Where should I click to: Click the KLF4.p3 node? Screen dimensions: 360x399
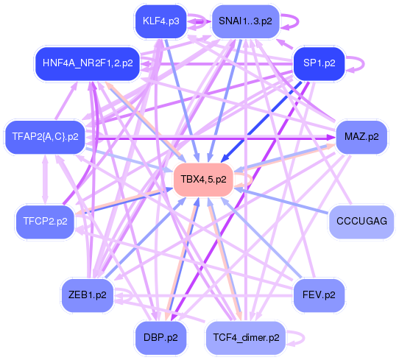[160, 21]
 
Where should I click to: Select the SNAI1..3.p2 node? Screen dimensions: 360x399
[245, 21]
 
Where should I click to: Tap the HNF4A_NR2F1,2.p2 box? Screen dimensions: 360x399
[88, 63]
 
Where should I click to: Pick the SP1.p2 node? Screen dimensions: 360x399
[319, 63]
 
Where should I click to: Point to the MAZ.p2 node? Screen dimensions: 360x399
[361, 136]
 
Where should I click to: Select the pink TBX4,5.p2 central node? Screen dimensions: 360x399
[203, 180]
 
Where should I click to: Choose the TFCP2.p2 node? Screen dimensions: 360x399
[46, 221]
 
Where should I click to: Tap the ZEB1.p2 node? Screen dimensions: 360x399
[88, 295]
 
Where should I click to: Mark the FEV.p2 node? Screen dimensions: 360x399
[319, 295]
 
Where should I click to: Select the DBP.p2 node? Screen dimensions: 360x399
[160, 337]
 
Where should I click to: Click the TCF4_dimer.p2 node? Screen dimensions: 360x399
[246, 337]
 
